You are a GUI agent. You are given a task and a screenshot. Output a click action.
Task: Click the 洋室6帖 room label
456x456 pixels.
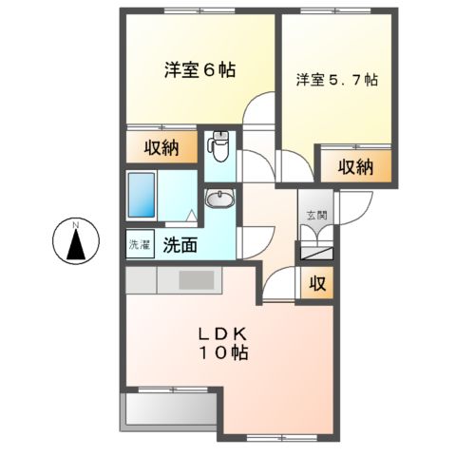[199, 69]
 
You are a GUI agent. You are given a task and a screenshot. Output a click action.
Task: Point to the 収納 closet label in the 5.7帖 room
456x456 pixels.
[352, 166]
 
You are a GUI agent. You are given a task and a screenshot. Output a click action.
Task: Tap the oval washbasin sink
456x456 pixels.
[219, 199]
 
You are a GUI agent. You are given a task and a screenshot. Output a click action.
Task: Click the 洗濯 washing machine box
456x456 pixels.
[139, 244]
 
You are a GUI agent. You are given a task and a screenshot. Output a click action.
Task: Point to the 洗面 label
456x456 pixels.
[179, 244]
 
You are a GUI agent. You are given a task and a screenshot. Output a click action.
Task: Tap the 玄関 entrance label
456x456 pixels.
[313, 215]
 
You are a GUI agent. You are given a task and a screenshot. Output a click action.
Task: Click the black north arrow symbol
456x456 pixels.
[76, 246]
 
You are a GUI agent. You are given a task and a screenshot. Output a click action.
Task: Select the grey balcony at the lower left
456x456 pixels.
[170, 408]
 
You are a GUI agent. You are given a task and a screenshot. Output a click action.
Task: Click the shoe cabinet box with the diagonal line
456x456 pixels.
[314, 252]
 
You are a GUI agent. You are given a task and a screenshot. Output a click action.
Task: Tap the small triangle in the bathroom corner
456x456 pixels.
[191, 215]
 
